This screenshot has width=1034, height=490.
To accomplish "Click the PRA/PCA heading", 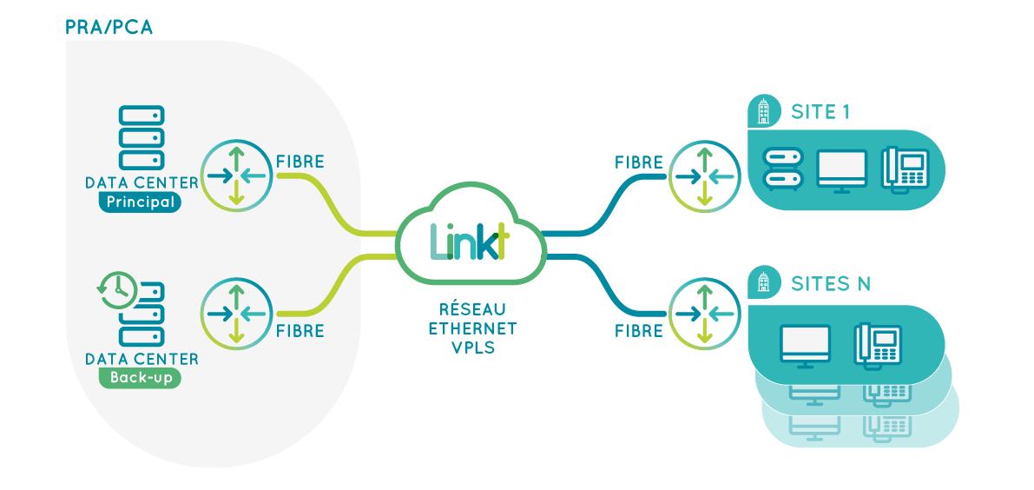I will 109,27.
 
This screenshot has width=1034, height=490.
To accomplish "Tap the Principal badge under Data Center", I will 140,202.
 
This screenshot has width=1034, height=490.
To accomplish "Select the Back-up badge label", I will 140,378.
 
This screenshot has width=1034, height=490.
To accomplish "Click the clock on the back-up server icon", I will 116,289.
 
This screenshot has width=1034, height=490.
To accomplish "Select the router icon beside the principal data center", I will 236,175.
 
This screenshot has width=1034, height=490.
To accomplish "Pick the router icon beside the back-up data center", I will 236,313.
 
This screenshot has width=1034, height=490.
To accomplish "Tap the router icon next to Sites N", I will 704,313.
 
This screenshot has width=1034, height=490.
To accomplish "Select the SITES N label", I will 831,283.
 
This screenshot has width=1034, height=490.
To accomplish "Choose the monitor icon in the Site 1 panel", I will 842,170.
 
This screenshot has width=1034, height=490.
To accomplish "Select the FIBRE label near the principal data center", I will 300,162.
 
